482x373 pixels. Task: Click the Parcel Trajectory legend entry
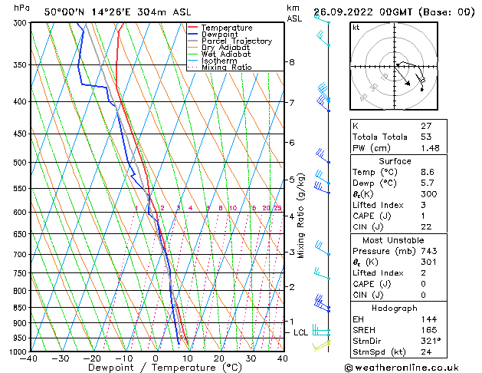[236, 41]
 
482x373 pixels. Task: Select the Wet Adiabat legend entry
[226, 54]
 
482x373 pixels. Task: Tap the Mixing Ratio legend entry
[226, 68]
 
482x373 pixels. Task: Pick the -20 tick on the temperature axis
[91, 358]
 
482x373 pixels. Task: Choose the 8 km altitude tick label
[291, 61]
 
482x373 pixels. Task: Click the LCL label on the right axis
[300, 332]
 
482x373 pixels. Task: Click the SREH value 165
[428, 329]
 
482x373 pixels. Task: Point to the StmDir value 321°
[431, 341]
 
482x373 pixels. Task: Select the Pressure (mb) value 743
[428, 251]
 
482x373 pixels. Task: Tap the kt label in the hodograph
[356, 28]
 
